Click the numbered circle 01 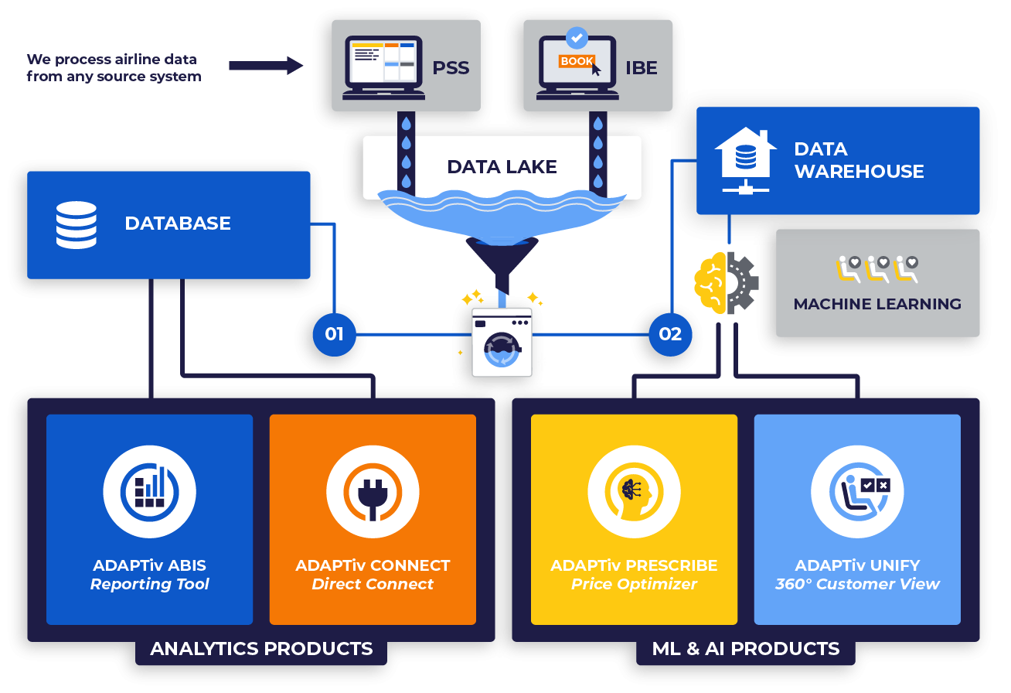click(x=334, y=334)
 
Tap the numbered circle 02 click(x=670, y=334)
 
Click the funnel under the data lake click(x=502, y=257)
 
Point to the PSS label click(x=451, y=67)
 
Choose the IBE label click(x=642, y=67)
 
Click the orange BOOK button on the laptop click(x=577, y=61)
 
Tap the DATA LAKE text click(x=502, y=167)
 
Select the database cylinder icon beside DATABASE click(x=77, y=224)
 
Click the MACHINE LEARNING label click(x=877, y=304)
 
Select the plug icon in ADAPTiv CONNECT click(x=373, y=493)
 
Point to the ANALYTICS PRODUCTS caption click(x=261, y=648)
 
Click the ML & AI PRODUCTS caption click(x=746, y=648)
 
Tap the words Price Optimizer click(x=634, y=584)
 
